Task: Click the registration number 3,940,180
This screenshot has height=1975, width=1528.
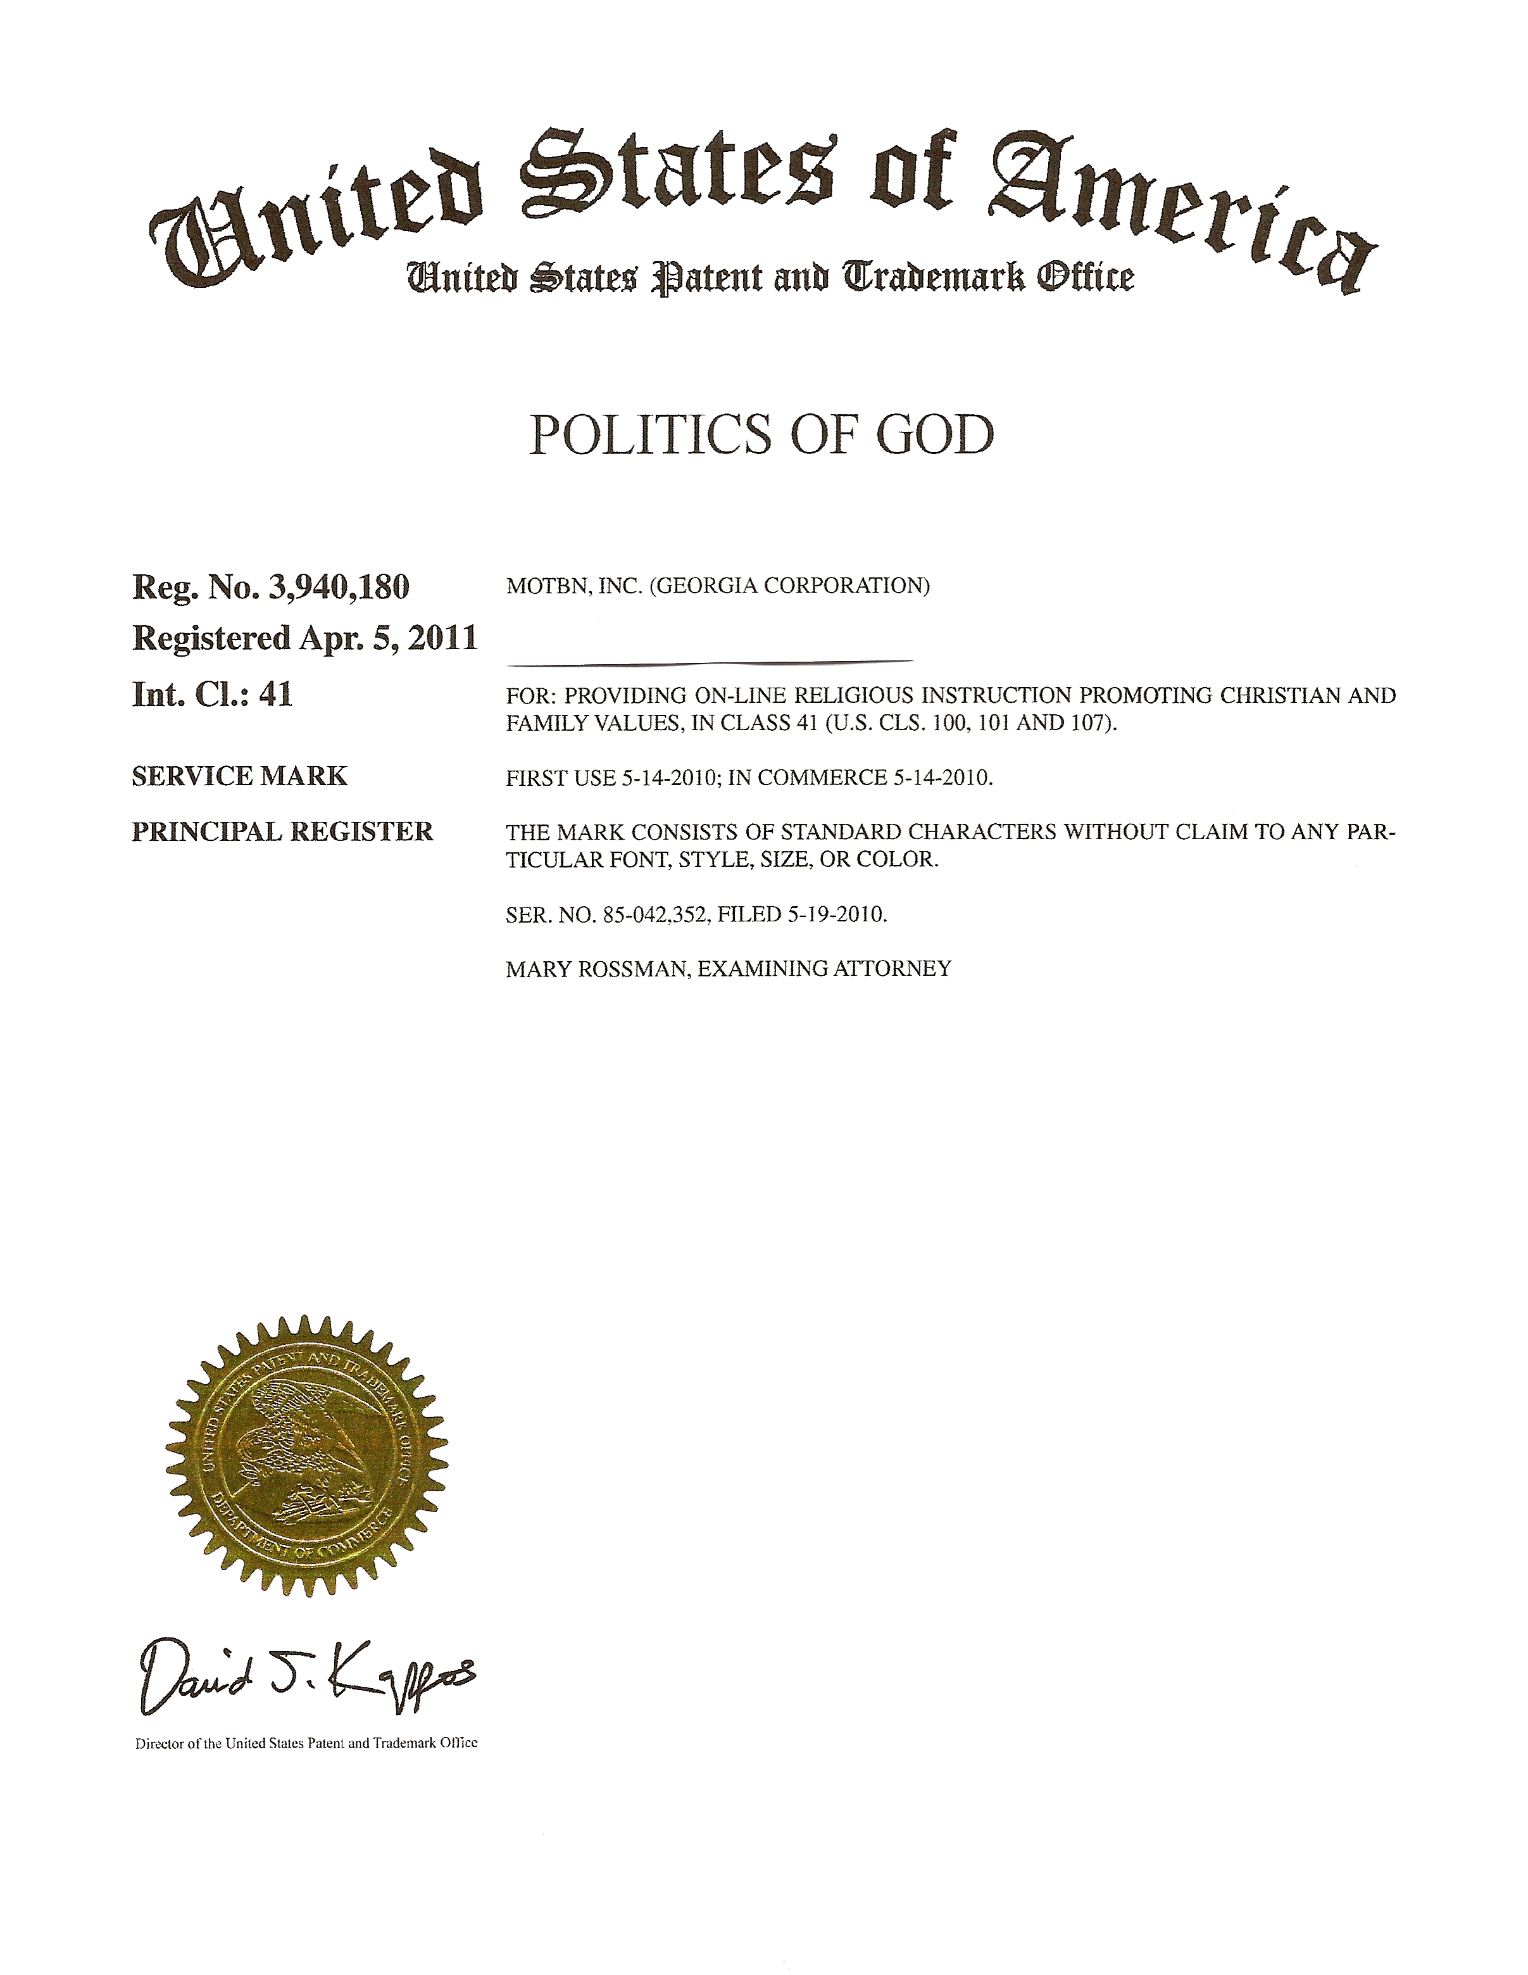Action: tap(339, 588)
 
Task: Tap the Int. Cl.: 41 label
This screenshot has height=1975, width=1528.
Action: tap(213, 695)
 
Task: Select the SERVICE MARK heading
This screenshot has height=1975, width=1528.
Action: tap(240, 776)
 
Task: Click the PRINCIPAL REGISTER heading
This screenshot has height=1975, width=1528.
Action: tap(282, 831)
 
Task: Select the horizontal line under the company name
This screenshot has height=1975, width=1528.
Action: tap(709, 662)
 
